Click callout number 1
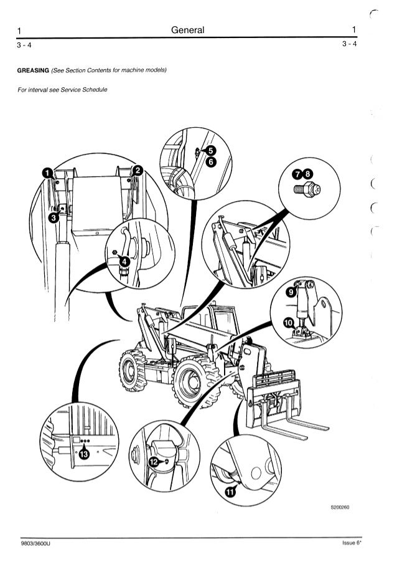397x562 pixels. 46,174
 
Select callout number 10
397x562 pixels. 287,322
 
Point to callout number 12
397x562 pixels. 153,461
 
